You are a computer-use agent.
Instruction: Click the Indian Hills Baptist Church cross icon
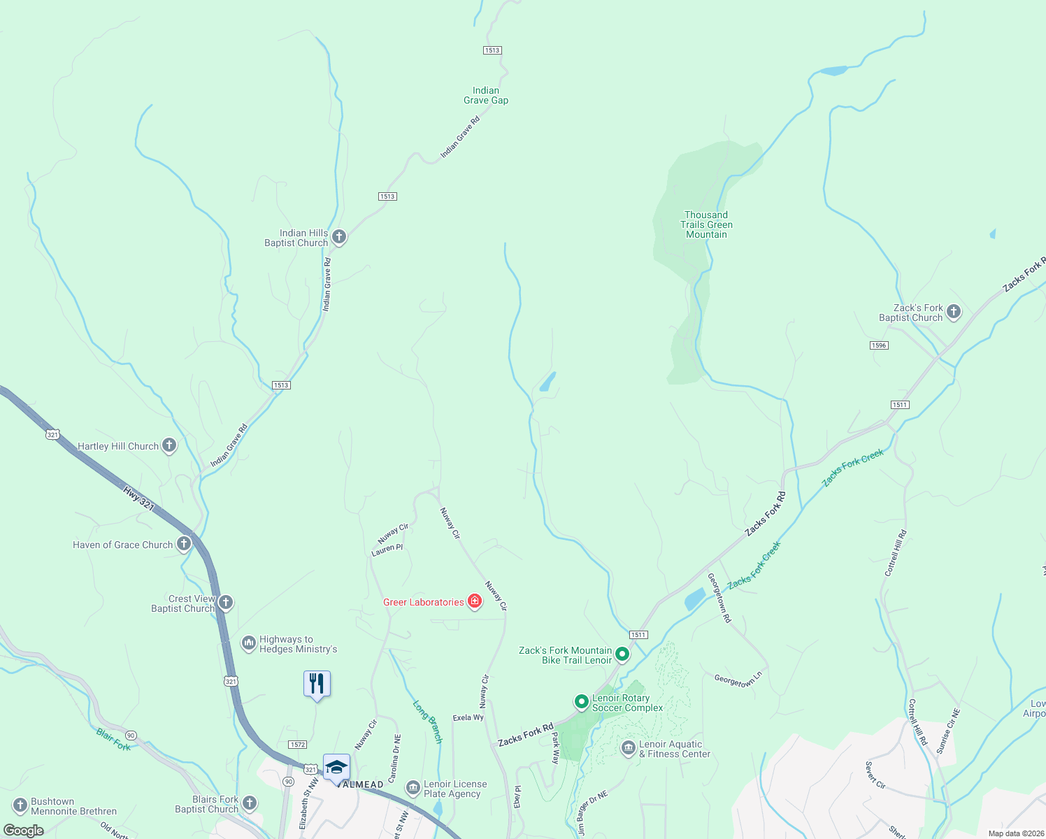click(x=339, y=237)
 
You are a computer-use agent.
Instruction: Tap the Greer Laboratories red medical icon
click(x=475, y=602)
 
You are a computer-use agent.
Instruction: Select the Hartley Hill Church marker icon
click(x=169, y=445)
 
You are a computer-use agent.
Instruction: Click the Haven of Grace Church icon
click(x=184, y=544)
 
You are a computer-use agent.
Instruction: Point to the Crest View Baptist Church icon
click(x=225, y=603)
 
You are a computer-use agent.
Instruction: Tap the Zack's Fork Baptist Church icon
click(x=954, y=312)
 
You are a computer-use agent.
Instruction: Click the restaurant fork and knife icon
click(x=317, y=683)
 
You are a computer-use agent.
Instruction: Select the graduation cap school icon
click(x=336, y=767)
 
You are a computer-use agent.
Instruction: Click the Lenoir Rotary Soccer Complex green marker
click(x=581, y=701)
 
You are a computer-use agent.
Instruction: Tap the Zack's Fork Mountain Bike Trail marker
click(x=622, y=654)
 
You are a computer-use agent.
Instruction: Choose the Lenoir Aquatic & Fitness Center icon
click(x=628, y=749)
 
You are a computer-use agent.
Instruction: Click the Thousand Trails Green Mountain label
click(x=706, y=224)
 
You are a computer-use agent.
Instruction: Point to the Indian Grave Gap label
click(x=486, y=95)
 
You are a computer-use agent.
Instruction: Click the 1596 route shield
click(x=879, y=345)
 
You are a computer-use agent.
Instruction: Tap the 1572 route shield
click(x=297, y=745)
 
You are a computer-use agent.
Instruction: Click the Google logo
click(x=24, y=831)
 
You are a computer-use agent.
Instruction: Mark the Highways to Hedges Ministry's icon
click(x=249, y=643)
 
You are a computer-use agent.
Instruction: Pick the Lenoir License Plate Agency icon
click(x=413, y=789)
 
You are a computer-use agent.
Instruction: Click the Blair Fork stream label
click(x=113, y=739)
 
